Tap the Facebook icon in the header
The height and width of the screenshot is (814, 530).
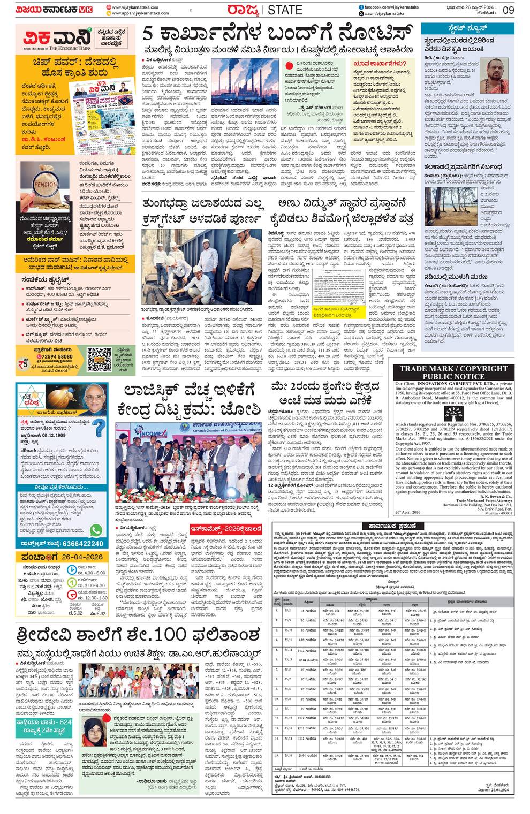tap(361, 6)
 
